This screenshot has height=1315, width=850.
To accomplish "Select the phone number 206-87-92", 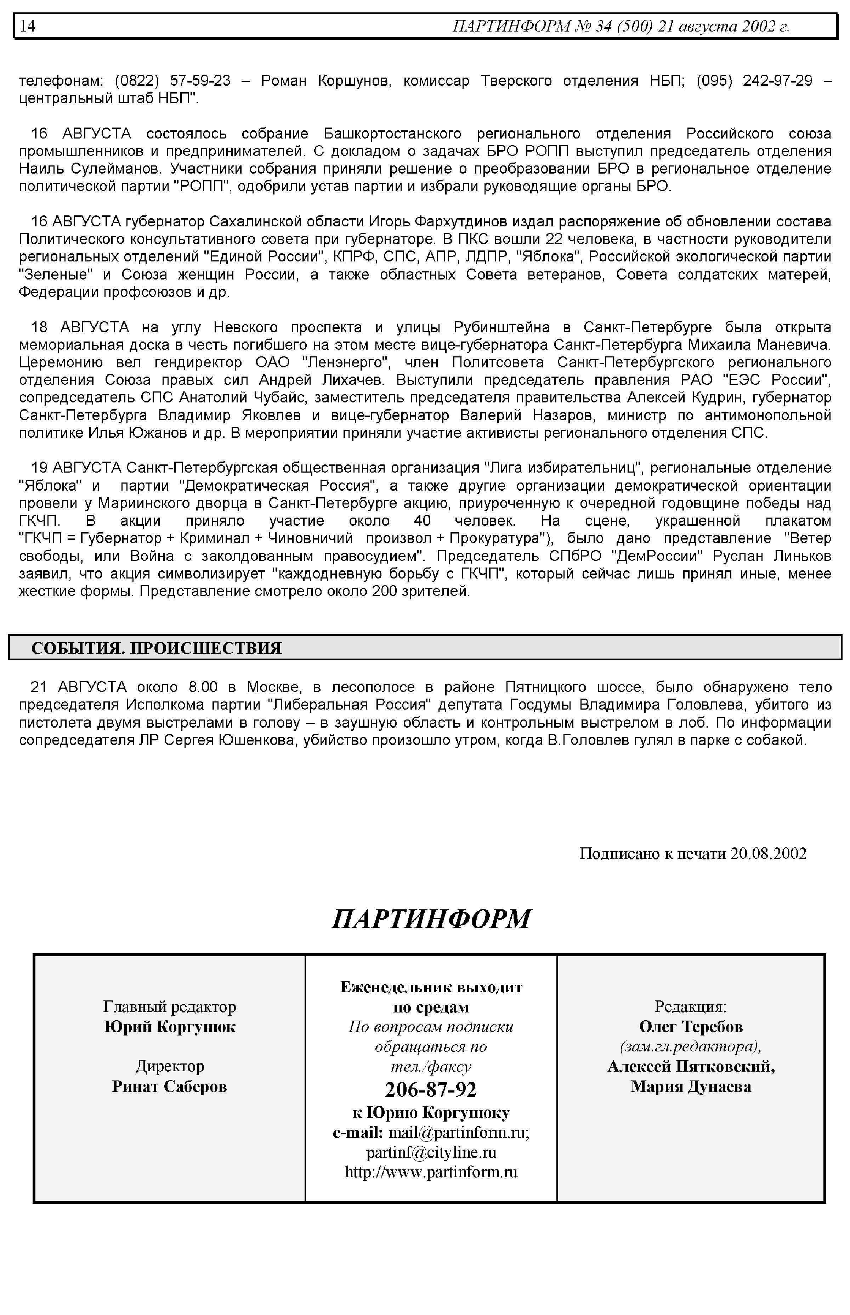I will click(431, 1090).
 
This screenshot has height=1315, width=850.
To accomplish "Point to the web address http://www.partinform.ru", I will click(431, 1172).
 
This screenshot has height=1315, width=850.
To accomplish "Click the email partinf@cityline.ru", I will click(431, 1152).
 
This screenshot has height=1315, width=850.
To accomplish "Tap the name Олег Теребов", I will click(691, 1027).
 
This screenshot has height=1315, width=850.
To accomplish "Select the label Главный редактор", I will click(169, 1007).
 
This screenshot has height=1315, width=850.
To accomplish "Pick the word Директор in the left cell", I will click(169, 1066).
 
